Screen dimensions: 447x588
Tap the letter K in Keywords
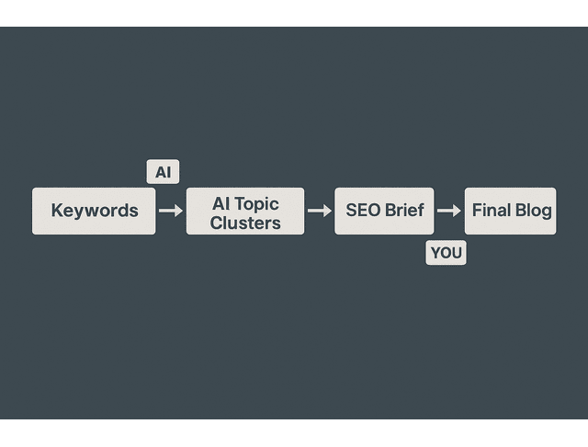(57, 211)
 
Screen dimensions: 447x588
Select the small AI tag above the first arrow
(163, 172)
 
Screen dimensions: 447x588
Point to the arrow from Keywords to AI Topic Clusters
(171, 211)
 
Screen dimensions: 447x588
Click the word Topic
(257, 203)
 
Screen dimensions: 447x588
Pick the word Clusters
(245, 222)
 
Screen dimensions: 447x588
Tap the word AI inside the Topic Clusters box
(221, 203)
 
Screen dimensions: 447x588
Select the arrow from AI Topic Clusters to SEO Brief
(320, 211)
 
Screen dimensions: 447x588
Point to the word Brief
(404, 211)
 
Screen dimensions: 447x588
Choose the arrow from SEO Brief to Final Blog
(449, 211)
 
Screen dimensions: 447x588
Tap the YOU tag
(447, 253)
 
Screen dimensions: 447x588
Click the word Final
(492, 211)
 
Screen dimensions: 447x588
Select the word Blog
(534, 211)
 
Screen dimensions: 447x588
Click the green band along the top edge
(294, 12)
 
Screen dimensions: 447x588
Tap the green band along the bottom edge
(294, 433)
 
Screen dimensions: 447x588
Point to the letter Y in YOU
(435, 253)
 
